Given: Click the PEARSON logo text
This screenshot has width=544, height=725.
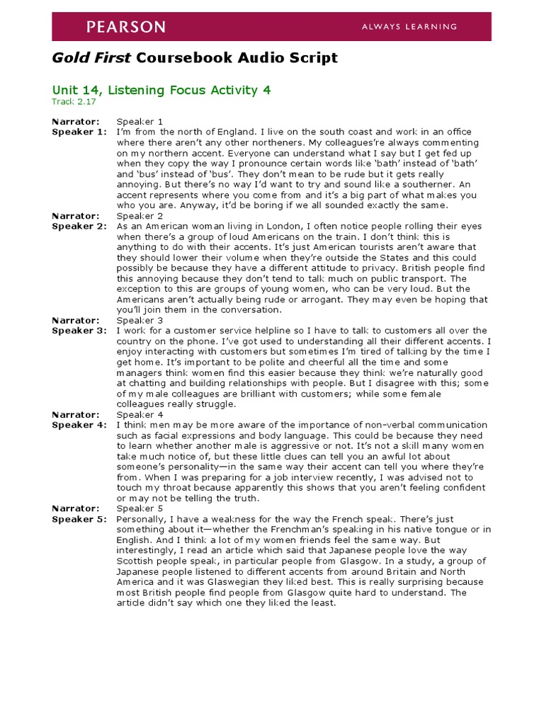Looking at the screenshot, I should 125,27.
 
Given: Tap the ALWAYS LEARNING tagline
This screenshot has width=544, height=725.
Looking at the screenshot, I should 409,27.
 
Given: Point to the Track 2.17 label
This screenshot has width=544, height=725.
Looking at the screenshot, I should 73,102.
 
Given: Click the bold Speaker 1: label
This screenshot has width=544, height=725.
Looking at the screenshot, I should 79,132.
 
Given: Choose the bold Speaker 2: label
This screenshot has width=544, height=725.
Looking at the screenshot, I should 79,226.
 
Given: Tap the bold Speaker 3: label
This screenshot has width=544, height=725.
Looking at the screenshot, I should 79,331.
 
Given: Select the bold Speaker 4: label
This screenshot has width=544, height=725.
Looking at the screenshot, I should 79,425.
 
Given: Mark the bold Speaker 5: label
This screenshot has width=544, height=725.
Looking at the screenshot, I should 79,519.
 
